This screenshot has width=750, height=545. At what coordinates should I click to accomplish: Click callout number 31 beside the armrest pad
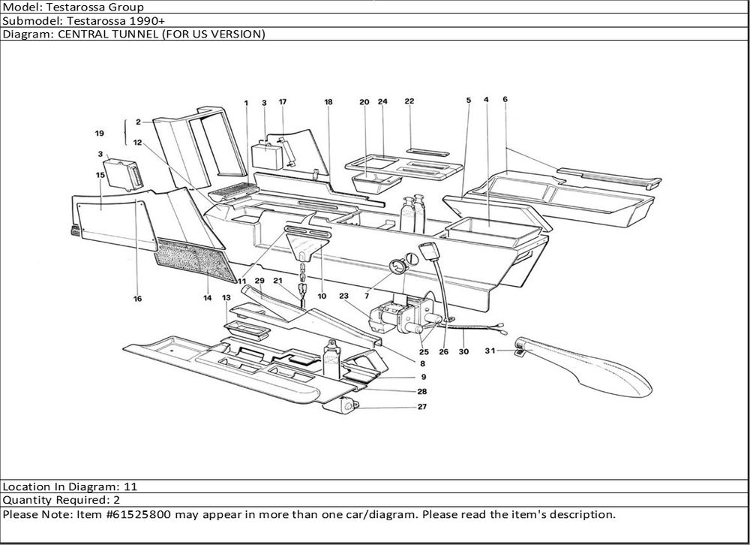(490, 351)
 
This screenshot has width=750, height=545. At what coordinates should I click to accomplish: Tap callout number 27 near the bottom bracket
(423, 407)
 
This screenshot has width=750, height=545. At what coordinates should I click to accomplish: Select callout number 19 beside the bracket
(99, 134)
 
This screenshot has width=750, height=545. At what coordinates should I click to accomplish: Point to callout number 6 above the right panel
(505, 100)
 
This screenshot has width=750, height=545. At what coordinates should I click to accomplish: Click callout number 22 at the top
(409, 101)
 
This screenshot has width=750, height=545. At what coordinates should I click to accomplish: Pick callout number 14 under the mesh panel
(208, 298)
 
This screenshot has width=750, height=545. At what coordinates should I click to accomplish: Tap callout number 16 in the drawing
(137, 298)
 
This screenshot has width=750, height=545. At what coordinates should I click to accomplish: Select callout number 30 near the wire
(463, 351)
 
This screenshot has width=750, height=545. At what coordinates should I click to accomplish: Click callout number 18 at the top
(328, 101)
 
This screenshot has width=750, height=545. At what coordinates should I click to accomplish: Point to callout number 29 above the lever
(259, 281)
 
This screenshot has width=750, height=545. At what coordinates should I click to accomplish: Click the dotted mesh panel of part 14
(191, 255)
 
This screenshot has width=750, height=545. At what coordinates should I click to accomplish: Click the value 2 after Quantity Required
(116, 500)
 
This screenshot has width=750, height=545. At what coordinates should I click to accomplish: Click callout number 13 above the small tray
(226, 298)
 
